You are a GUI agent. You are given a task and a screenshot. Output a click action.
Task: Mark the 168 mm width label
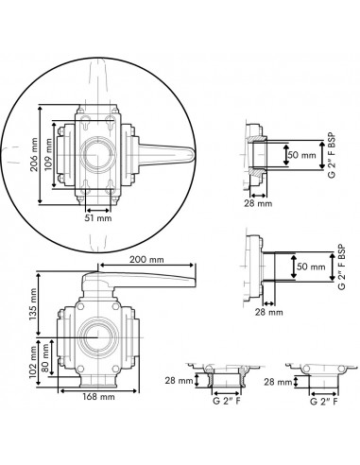click(x=100, y=398)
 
